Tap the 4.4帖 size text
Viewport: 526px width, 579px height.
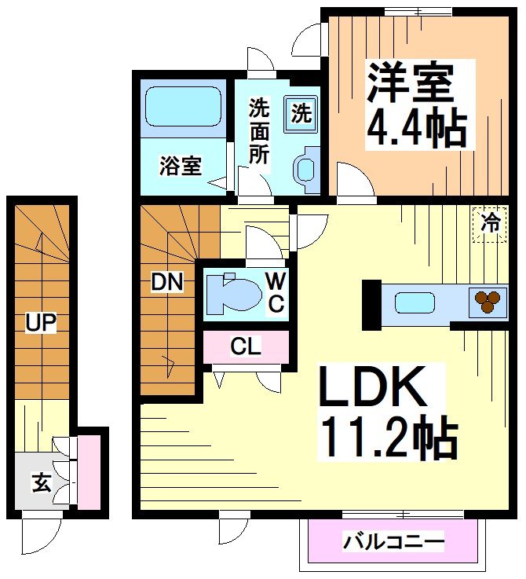point(417,130)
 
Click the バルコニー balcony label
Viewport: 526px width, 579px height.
point(393,541)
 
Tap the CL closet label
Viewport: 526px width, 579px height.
point(246,346)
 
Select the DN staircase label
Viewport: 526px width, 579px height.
point(167,281)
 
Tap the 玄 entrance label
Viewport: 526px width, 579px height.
point(42,482)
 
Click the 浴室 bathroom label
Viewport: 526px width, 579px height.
point(181,166)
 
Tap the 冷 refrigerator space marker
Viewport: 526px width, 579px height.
point(489,223)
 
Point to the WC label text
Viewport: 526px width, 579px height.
point(275,291)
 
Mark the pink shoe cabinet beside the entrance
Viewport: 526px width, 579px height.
point(89,471)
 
